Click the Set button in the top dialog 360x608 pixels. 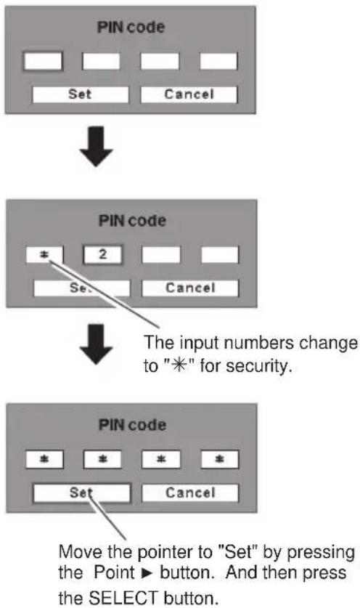tap(81, 94)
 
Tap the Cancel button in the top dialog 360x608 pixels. tap(189, 94)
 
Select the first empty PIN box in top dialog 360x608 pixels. tap(43, 61)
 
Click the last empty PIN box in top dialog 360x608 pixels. tap(218, 61)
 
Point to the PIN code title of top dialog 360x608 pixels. tap(131, 27)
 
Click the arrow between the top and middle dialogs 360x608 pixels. tap(96, 147)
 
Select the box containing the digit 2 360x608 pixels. tap(102, 255)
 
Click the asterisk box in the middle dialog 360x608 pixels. tap(44, 255)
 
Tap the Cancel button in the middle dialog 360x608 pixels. tap(190, 288)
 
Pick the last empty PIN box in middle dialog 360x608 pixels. tap(220, 255)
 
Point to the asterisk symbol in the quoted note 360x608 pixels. tap(179, 365)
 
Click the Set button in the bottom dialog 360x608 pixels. tap(82, 493)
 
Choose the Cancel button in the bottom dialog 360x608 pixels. tap(190, 493)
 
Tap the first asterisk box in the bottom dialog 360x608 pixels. tap(44, 460)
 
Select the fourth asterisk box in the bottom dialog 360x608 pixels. tap(220, 460)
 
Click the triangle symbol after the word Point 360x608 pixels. tap(147, 573)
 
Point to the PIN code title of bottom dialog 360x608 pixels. tap(132, 425)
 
